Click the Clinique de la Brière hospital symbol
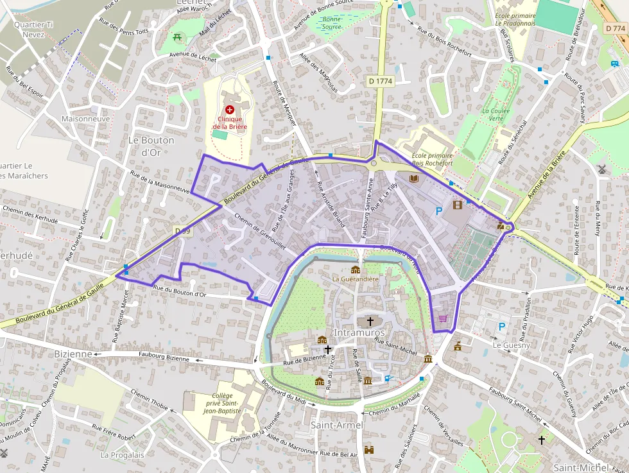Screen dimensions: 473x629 [229, 110]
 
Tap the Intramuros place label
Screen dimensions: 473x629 [359, 333]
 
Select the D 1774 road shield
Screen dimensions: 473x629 [380, 82]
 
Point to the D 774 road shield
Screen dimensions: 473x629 [616, 28]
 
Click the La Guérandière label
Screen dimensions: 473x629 [355, 279]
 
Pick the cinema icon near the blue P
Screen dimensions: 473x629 [457, 205]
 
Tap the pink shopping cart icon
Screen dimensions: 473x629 [442, 318]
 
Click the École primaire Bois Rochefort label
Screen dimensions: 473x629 [432, 159]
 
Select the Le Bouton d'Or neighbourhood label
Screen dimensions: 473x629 [151, 146]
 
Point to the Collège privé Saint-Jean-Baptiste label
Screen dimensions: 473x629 [221, 403]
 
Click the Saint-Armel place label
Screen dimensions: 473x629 [337, 425]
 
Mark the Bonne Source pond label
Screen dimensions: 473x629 [331, 23]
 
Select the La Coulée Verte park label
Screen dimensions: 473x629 [496, 114]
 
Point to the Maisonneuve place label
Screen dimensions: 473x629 [85, 119]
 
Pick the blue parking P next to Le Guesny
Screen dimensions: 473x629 [502, 327]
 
